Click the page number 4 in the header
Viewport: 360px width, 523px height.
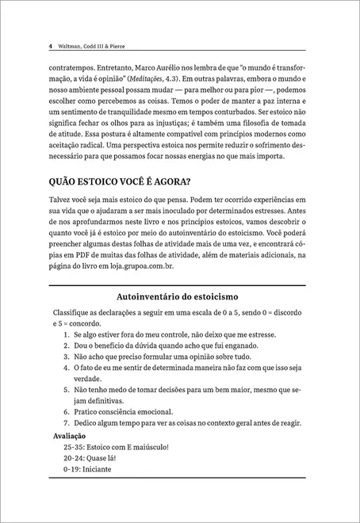click(51, 46)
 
